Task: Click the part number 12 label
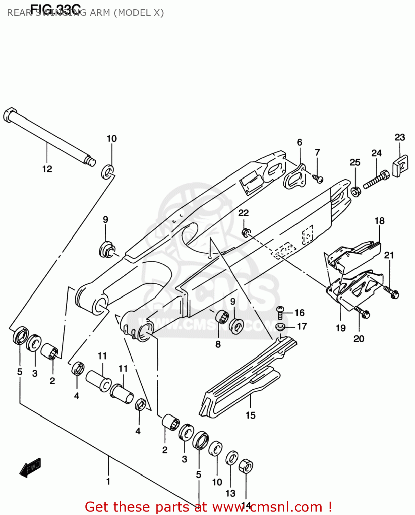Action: click(x=47, y=169)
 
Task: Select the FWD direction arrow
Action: click(x=31, y=467)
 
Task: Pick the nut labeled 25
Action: click(x=356, y=191)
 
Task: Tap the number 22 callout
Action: click(x=244, y=213)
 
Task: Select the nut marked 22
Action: click(x=246, y=233)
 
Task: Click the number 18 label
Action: click(x=379, y=221)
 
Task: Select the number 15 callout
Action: click(x=250, y=415)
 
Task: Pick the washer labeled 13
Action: click(x=232, y=458)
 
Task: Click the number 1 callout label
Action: click(x=108, y=481)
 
